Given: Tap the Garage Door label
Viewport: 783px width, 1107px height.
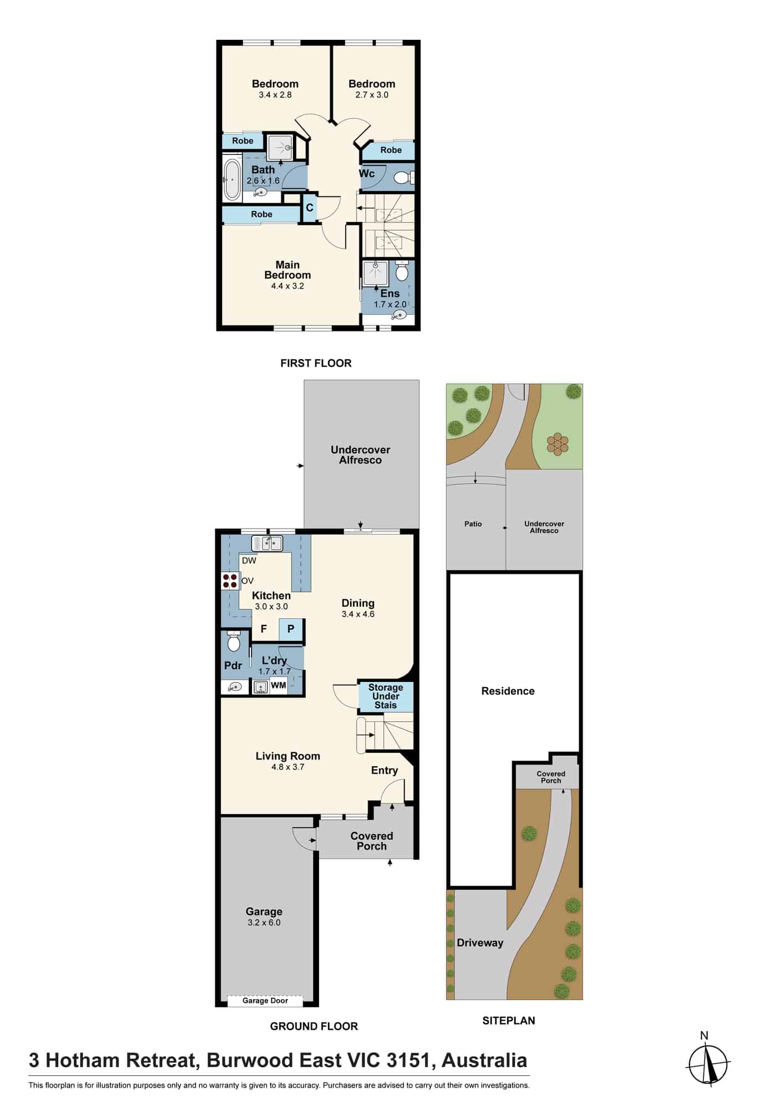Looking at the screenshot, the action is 265,1001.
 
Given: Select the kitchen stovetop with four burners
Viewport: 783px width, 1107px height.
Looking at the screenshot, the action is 230,580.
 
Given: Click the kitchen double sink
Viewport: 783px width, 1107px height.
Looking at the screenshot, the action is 267,544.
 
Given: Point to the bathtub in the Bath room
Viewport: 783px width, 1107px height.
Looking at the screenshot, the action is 231,180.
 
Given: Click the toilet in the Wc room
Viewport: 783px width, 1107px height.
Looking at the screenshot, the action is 403,178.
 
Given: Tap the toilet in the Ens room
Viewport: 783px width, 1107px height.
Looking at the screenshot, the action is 403,271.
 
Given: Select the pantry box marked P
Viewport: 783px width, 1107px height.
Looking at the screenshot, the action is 291,629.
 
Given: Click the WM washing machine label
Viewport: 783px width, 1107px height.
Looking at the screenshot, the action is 279,685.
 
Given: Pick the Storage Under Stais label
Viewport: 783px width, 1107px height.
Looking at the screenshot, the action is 386,696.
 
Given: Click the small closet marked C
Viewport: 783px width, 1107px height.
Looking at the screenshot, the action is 310,208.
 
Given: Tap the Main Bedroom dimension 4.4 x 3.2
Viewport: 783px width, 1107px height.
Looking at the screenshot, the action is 287,286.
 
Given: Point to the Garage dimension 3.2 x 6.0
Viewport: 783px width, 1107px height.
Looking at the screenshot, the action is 264,922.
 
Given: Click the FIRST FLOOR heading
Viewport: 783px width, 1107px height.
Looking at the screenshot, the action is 316,363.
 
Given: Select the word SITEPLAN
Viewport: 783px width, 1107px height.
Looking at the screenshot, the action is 509,1021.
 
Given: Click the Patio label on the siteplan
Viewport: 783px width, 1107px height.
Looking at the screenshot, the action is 473,524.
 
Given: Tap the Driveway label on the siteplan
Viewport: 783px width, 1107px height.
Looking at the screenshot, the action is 480,943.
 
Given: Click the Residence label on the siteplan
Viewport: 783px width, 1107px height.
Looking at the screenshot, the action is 508,691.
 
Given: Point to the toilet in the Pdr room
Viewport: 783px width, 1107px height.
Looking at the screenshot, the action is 234,642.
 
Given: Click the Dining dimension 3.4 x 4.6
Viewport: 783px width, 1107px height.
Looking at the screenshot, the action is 358,614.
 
